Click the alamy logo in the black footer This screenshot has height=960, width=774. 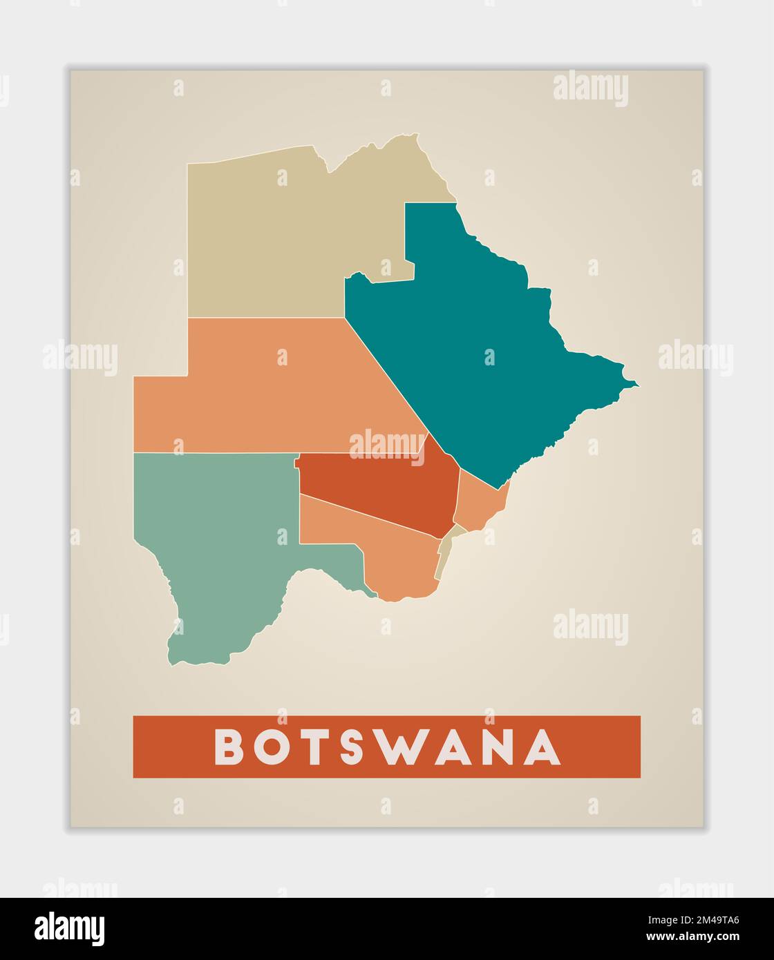click(69, 929)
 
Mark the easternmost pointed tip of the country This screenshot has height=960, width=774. click(636, 385)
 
